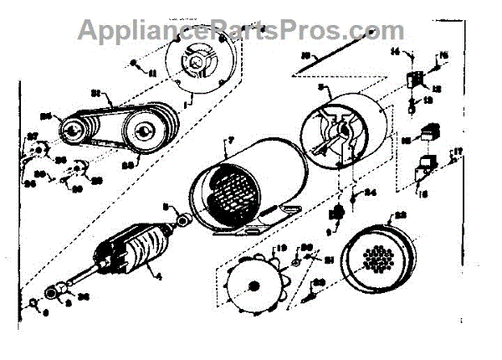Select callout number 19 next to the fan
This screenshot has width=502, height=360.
[281, 248]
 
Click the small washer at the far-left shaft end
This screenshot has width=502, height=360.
[33, 302]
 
